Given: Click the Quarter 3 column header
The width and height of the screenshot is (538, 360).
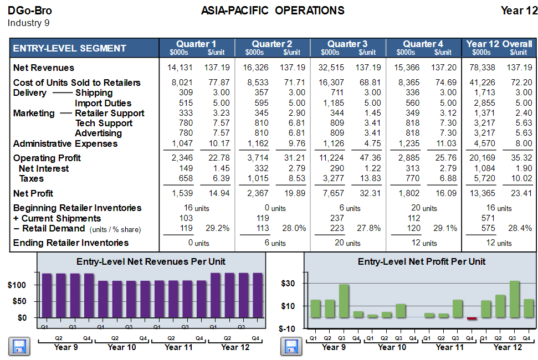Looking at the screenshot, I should (347, 44).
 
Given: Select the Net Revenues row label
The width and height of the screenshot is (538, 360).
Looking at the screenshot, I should (43, 68).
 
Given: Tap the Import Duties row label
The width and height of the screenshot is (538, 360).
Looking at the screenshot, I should (103, 103).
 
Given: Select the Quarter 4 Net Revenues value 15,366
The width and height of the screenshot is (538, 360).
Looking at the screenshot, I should (407, 68).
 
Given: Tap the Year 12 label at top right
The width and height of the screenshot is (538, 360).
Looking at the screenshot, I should (519, 11).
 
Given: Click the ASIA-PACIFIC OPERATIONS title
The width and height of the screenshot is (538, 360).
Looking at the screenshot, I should (273, 11).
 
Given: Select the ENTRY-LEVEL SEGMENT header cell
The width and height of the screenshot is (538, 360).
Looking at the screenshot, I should (69, 48).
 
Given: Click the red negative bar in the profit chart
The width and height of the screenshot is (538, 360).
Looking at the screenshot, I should (472, 318).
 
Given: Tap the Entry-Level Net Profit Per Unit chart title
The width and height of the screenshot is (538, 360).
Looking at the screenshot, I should (422, 261).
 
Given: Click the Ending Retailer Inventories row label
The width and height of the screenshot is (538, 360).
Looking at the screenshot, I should (70, 243).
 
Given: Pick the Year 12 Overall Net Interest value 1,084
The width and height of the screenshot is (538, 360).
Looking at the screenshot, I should (483, 168).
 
